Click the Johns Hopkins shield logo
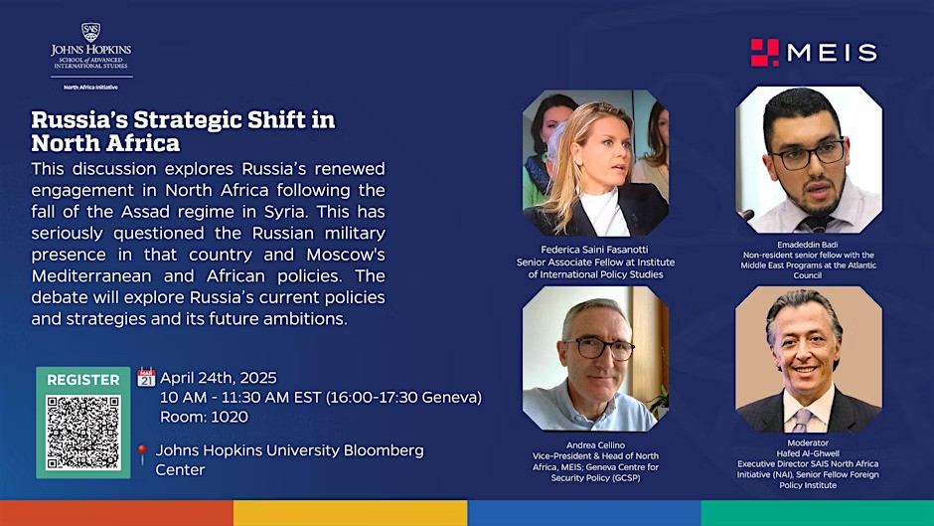point(90,32)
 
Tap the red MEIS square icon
point(765,53)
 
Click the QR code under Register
point(83,433)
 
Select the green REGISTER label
point(83,379)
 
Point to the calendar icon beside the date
point(146,377)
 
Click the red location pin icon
point(142,454)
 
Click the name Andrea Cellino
point(595,445)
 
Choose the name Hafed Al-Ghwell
point(808,452)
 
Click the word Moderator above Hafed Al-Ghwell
point(807,441)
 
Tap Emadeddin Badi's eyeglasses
point(807,155)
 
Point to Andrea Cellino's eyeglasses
point(599,347)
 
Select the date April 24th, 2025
point(219,378)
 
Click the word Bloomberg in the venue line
point(384,450)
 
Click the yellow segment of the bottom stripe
point(350,513)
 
